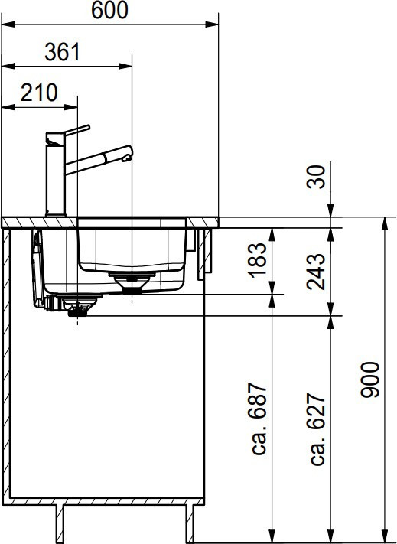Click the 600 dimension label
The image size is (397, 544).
pos(109,11)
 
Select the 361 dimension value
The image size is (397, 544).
pos(63,52)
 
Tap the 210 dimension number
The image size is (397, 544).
pos(39,93)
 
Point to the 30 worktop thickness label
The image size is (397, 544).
pos(316,177)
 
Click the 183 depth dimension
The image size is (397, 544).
pos(258,260)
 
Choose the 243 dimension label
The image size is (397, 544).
pos(316,272)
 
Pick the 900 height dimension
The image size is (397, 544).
pos(370,379)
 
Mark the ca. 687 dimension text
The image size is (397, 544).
pos(258,419)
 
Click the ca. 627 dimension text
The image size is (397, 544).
pos(316,429)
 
